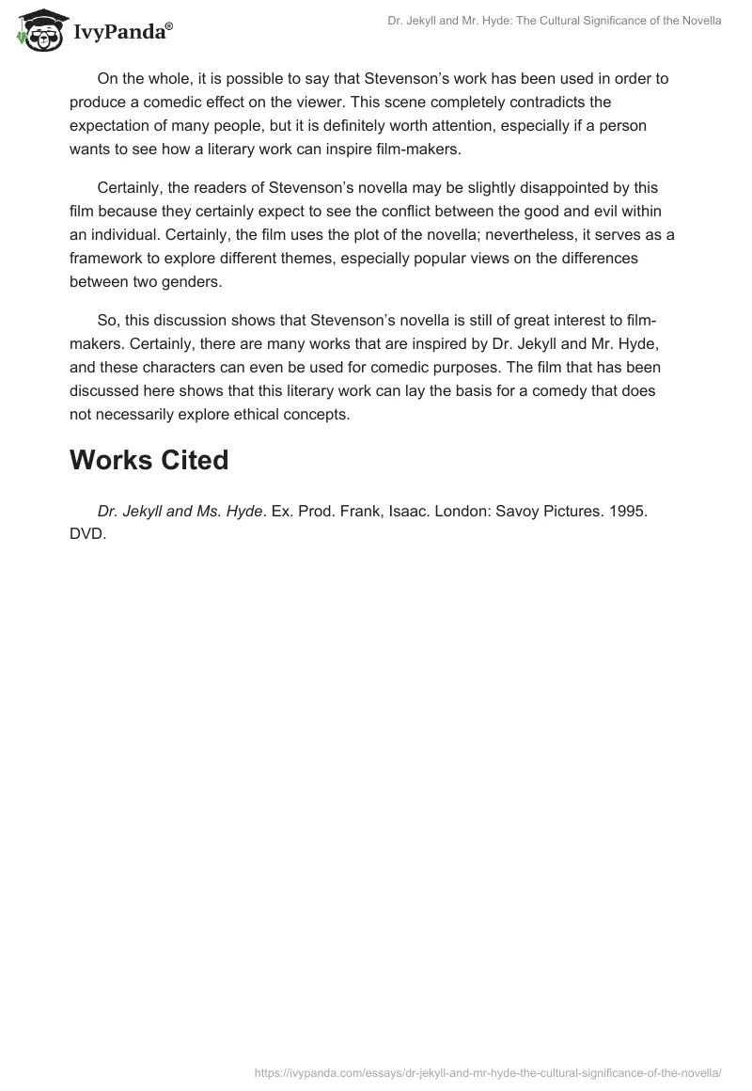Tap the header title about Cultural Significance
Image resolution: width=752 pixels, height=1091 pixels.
pos(555,20)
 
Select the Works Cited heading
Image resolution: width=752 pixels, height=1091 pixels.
pos(149,460)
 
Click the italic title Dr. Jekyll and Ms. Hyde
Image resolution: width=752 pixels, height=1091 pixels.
pos(179,511)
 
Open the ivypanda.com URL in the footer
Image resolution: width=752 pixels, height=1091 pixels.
pos(488,1072)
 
